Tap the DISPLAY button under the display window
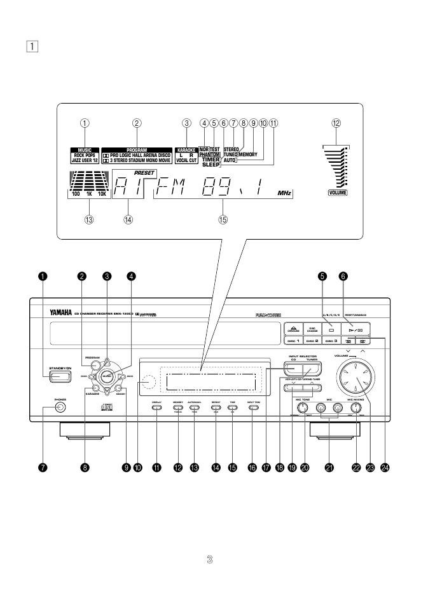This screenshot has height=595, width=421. [157, 406]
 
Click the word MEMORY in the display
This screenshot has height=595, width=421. [248, 154]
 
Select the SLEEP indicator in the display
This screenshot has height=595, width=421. [210, 164]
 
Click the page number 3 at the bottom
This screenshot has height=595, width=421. [210, 559]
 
